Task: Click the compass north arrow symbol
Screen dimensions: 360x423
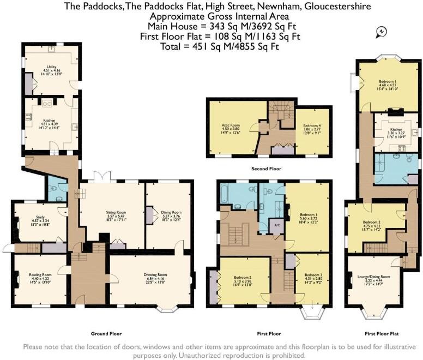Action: coord(380,32)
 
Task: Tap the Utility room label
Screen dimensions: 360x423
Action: coord(52,68)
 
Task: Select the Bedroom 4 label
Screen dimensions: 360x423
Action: coord(312,125)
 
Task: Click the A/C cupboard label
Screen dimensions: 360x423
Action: coord(277,225)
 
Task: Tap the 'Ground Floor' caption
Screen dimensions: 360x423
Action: coord(106,333)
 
